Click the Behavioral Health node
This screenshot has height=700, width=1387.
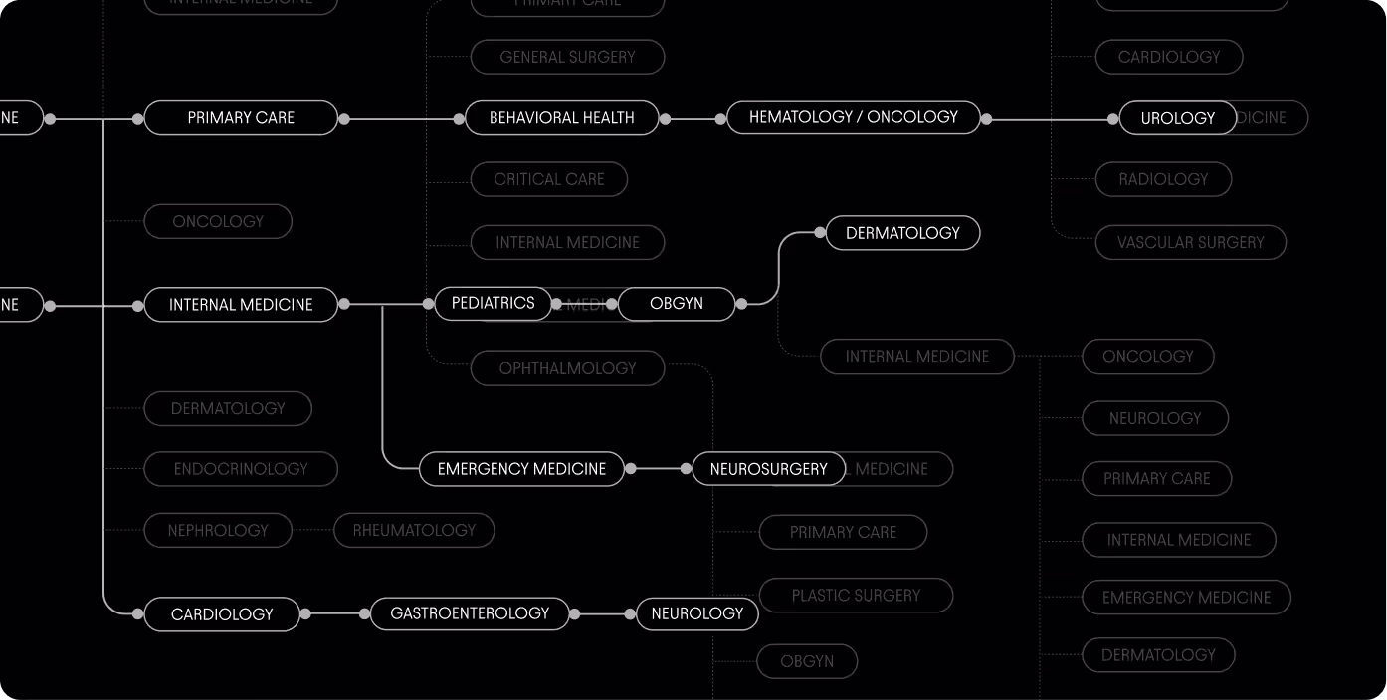tap(561, 118)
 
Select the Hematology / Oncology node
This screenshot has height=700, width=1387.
tap(853, 117)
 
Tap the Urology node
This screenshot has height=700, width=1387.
tap(1177, 118)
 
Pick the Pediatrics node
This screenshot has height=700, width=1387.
tap(493, 303)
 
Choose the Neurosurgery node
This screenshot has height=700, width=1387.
tap(768, 469)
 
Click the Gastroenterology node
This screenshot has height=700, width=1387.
tap(470, 613)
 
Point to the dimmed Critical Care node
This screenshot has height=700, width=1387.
tap(549, 180)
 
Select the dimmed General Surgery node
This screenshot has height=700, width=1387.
tap(567, 58)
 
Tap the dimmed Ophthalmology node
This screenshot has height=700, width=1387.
tap(567, 368)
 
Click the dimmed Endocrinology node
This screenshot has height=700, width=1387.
tap(241, 469)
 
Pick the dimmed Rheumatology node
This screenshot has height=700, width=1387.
tap(414, 531)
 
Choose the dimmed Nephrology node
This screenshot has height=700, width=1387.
tap(218, 531)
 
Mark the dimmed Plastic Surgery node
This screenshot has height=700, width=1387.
tap(856, 596)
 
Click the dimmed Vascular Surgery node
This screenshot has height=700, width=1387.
tap(1190, 243)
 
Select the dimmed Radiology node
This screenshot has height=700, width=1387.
tap(1163, 180)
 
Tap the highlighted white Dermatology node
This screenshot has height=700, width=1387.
tap(902, 233)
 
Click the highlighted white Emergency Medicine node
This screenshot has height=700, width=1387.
tap(521, 469)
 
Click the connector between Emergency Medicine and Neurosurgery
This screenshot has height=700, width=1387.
tap(658, 468)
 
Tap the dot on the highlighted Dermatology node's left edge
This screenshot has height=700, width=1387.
tap(820, 233)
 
